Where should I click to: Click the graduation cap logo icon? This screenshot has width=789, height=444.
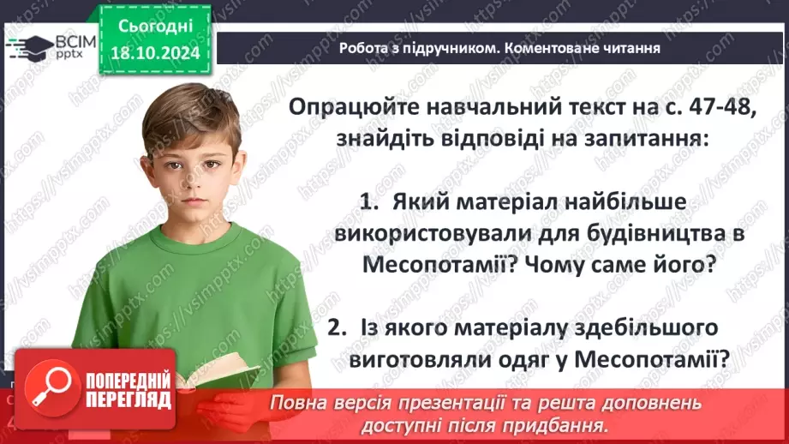27,45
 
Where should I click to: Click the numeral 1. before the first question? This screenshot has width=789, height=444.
369,202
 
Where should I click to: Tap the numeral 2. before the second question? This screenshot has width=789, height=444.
338,327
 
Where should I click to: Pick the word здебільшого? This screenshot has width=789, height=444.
647,327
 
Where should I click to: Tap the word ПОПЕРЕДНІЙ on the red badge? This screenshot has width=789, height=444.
127,379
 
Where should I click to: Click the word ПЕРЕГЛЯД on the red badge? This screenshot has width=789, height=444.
127,399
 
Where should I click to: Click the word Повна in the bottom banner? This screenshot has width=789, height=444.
295,402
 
